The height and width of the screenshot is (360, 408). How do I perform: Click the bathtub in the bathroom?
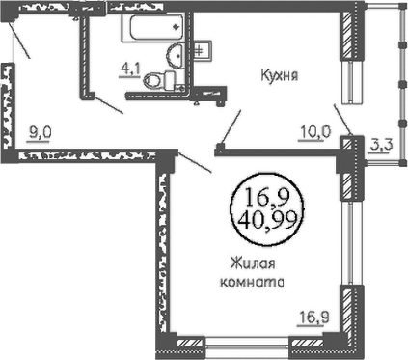[x=153, y=27]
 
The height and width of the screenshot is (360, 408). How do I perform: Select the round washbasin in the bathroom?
[x=176, y=55]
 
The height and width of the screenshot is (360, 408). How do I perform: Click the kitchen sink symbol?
[x=203, y=50]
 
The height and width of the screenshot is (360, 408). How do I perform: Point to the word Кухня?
[x=280, y=75]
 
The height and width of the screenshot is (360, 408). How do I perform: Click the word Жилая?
[x=253, y=264]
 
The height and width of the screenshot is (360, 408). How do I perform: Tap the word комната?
[x=252, y=282]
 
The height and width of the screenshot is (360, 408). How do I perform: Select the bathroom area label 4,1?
[x=130, y=70]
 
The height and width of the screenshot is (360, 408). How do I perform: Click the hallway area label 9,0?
[x=40, y=133]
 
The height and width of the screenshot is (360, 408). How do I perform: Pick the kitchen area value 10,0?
[x=314, y=132]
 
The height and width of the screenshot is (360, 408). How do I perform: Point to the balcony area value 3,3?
[x=381, y=146]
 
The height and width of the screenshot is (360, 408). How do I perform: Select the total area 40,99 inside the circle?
[x=267, y=221]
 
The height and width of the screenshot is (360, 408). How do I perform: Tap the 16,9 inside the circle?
[x=267, y=197]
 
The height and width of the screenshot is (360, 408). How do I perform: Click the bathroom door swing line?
[x=108, y=104]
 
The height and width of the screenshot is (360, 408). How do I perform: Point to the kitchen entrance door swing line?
[x=231, y=127]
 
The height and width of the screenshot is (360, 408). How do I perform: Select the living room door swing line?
[x=195, y=162]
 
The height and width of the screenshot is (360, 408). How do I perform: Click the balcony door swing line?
[x=342, y=120]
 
